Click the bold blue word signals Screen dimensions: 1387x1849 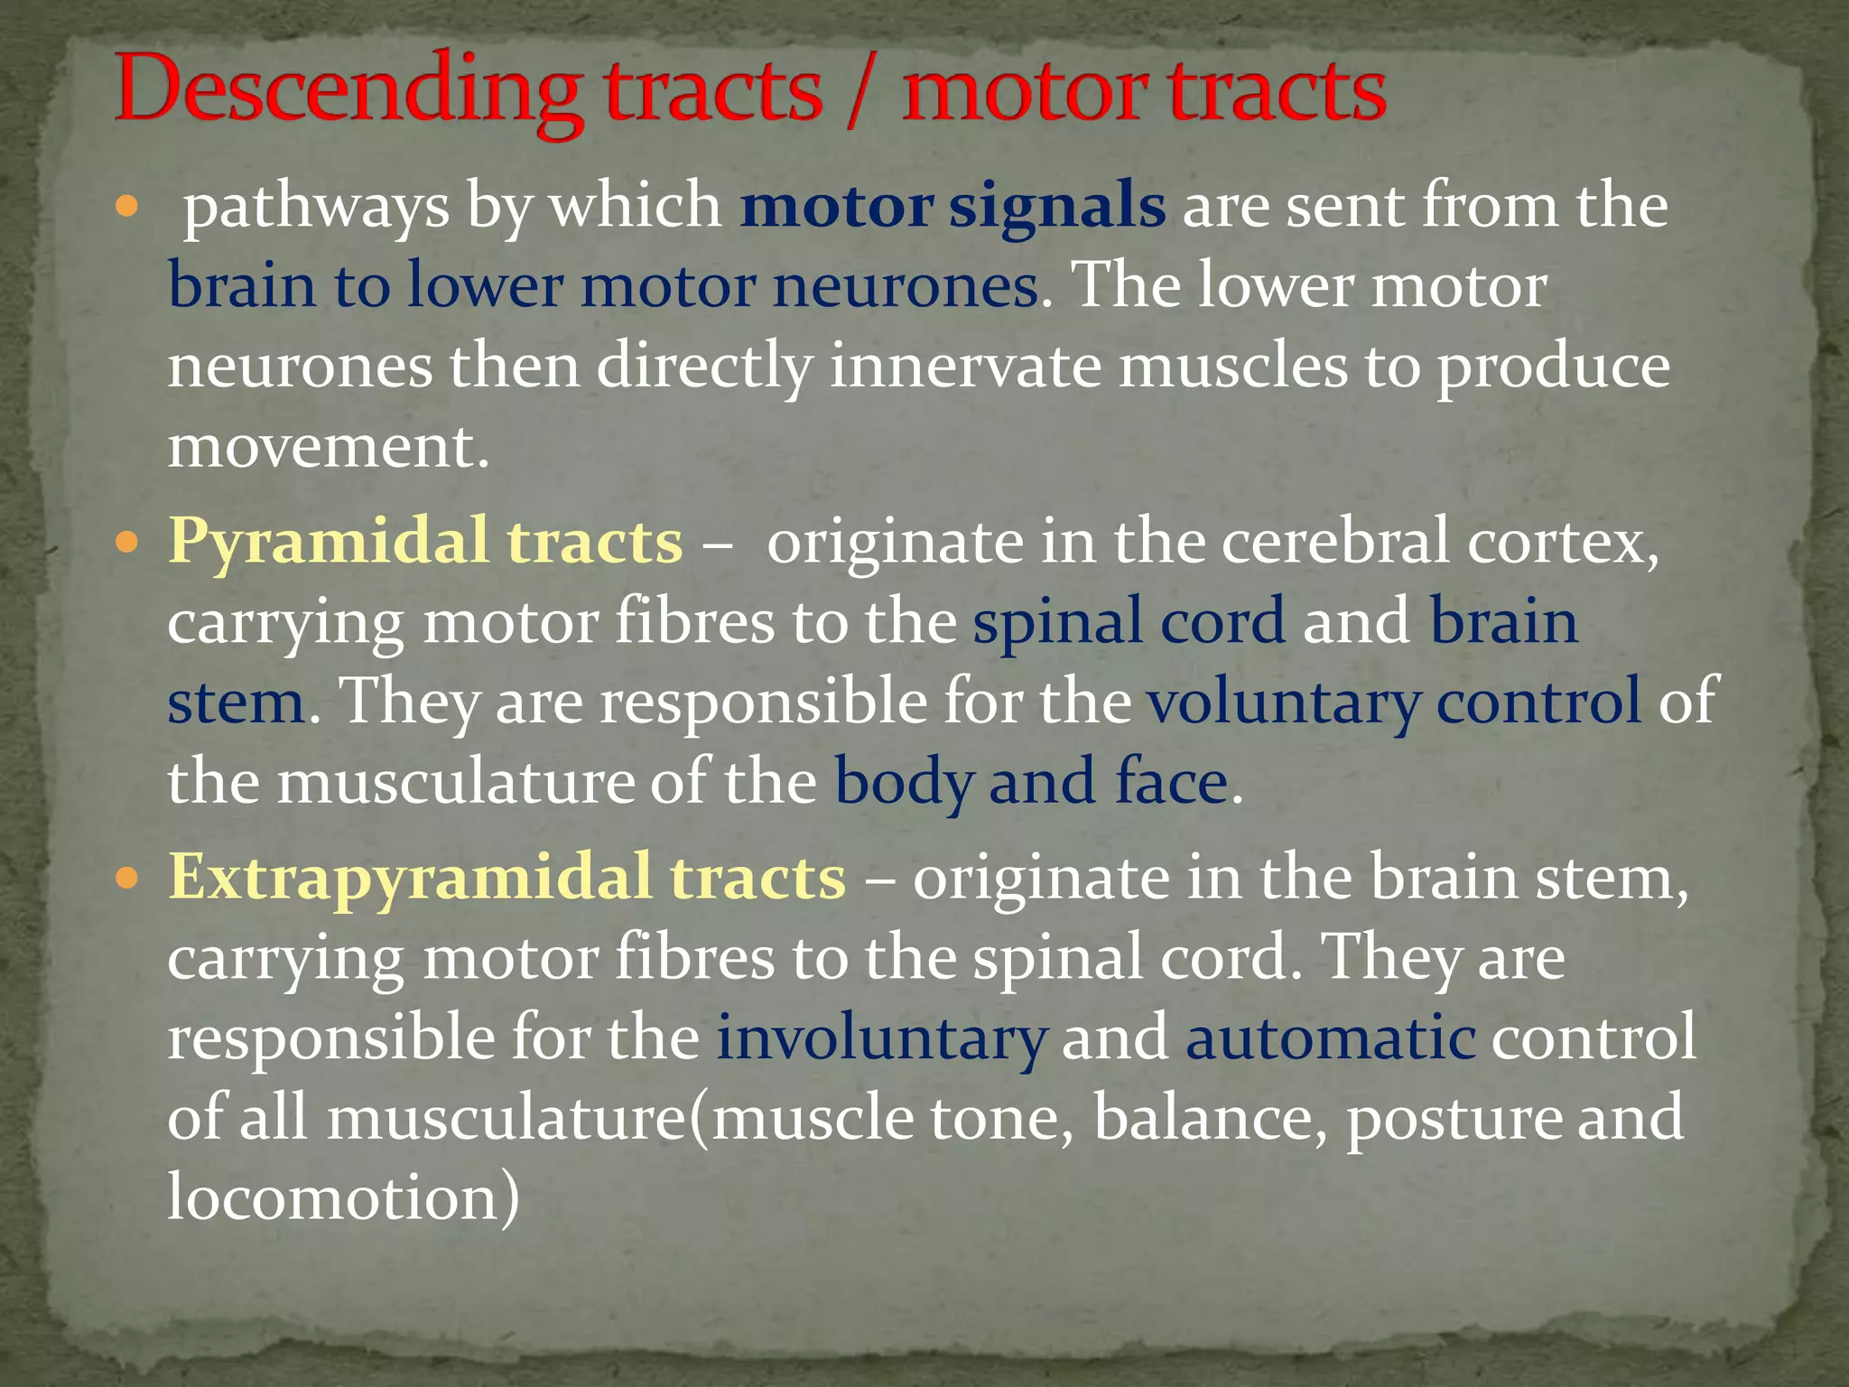1057,206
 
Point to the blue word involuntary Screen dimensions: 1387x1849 881,1038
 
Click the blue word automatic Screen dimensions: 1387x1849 1331,1038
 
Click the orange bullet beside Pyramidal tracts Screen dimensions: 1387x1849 127,542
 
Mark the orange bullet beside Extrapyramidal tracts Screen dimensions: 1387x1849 127,877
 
